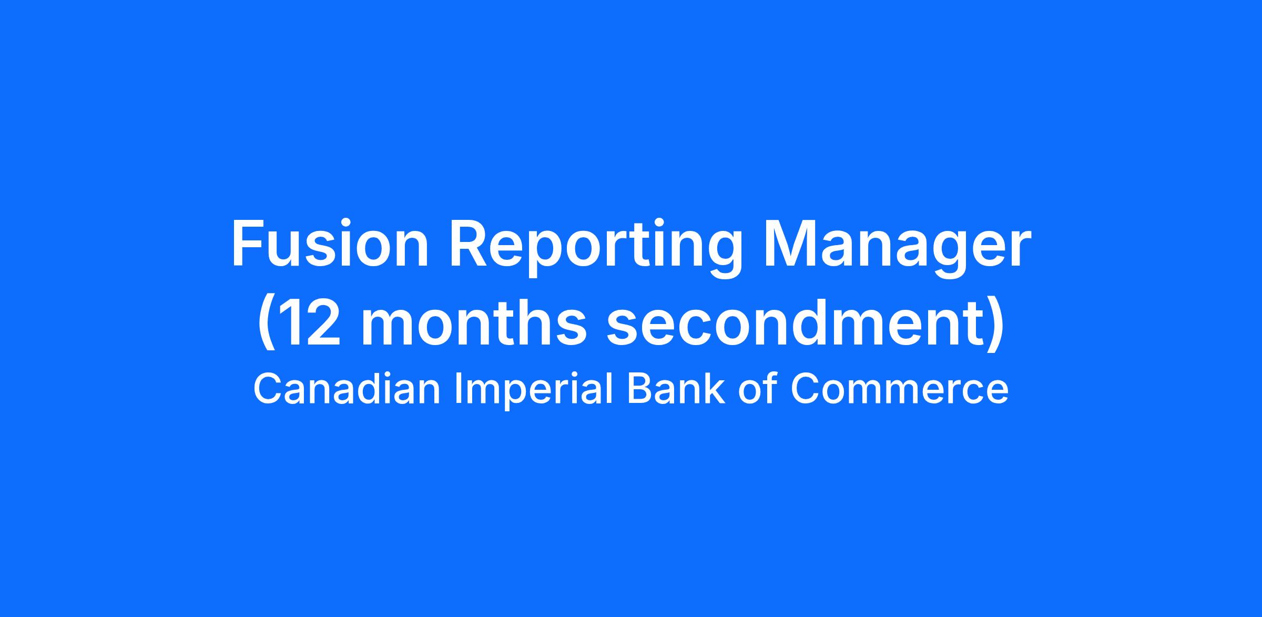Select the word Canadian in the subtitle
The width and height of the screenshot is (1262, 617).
[347, 389]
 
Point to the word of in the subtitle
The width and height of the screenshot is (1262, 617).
[758, 389]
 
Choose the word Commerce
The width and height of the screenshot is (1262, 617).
[900, 389]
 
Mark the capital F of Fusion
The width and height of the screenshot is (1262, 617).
[247, 244]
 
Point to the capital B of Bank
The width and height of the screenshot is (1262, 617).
[640, 389]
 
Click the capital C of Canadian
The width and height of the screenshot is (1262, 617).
[269, 389]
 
